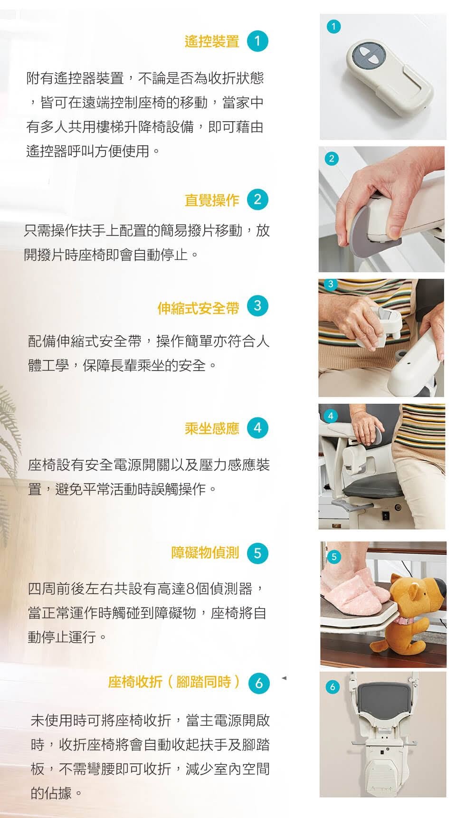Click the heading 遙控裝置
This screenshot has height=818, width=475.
(212, 41)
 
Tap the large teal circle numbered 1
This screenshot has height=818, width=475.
(257, 41)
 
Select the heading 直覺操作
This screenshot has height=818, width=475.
(212, 200)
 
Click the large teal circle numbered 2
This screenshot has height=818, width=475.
(257, 200)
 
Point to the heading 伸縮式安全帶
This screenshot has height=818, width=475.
(198, 308)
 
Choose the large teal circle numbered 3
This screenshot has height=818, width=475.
(257, 306)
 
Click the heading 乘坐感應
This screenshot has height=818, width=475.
(212, 428)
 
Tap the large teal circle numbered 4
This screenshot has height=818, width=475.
(257, 428)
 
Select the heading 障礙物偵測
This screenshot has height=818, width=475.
(205, 553)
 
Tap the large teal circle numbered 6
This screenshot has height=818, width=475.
(259, 683)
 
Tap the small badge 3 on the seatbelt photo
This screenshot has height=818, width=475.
(331, 284)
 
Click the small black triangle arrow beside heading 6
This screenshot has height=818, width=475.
(284, 678)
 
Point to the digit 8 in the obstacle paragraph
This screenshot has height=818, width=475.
(190, 590)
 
